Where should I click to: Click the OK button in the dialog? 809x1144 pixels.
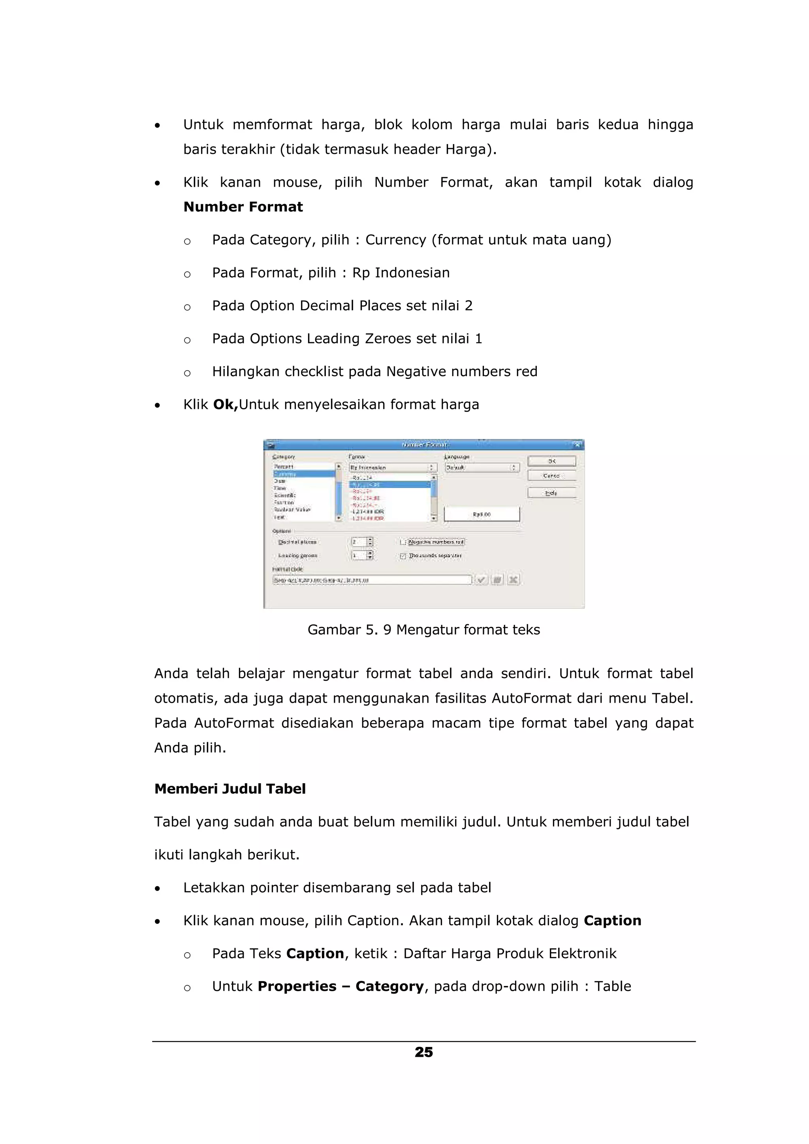click(551, 461)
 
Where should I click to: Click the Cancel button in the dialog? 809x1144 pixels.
click(551, 476)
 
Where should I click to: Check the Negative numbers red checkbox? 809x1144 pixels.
click(403, 542)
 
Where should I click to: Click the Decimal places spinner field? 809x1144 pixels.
click(359, 542)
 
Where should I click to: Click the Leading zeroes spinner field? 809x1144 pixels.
click(359, 555)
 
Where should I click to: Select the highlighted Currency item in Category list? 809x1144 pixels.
click(304, 474)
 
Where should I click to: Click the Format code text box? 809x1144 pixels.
click(371, 580)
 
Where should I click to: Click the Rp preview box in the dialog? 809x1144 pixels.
click(482, 514)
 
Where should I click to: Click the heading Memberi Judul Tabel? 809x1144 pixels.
click(230, 789)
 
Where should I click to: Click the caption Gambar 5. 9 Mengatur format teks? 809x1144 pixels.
click(424, 630)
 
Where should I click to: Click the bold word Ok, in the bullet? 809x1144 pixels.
click(225, 405)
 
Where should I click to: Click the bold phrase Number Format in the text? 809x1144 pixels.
click(243, 207)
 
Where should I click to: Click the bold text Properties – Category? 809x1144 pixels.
click(341, 986)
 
